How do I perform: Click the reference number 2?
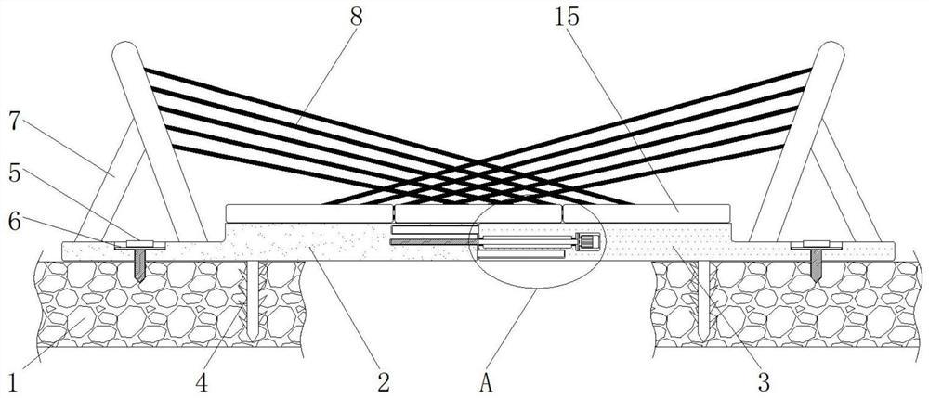(x=383, y=379)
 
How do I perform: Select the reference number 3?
(x=764, y=379)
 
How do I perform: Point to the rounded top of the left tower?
(x=123, y=54)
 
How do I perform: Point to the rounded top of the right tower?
(x=830, y=54)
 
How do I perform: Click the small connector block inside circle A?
(x=587, y=243)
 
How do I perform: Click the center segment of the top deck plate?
(x=476, y=213)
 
